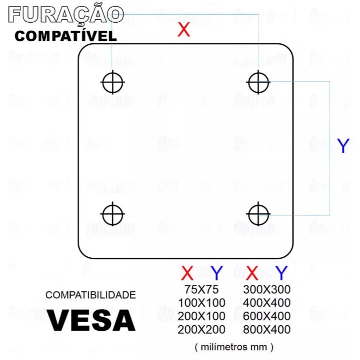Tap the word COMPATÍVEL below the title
pyautogui.click(x=65, y=36)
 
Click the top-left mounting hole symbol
pyautogui.click(x=113, y=82)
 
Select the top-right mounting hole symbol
pyautogui.click(x=259, y=82)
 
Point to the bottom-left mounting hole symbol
pyautogui.click(x=113, y=214)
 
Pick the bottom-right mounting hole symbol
pyautogui.click(x=259, y=214)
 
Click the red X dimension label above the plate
pyautogui.click(x=184, y=30)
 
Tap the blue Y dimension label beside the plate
pyautogui.click(x=343, y=146)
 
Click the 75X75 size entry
pyautogui.click(x=201, y=290)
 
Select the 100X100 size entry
pyautogui.click(x=201, y=303)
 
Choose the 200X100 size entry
pyautogui.click(x=201, y=316)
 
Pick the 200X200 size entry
pyautogui.click(x=201, y=330)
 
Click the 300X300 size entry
pyautogui.click(x=267, y=290)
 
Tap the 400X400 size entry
pyautogui.click(x=267, y=303)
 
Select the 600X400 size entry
pyautogui.click(x=267, y=316)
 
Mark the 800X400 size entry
pyautogui.click(x=267, y=330)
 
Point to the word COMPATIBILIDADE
pyautogui.click(x=91, y=295)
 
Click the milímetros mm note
pyautogui.click(x=234, y=346)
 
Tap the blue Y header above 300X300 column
pyautogui.click(x=281, y=273)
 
